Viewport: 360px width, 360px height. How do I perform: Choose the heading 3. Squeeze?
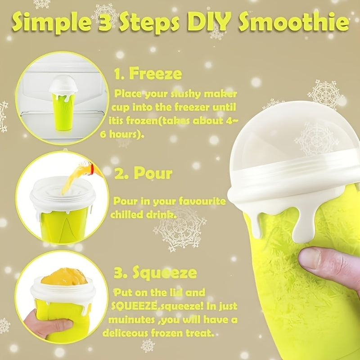click(x=155, y=273)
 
